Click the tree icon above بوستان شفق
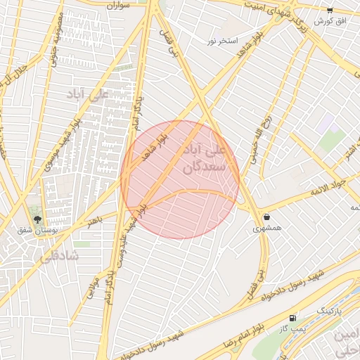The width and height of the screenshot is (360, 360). (37, 219)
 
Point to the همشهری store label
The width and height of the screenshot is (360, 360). (267, 229)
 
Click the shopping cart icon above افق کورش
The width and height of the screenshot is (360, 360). (330, 10)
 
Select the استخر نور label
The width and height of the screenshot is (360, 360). (222, 41)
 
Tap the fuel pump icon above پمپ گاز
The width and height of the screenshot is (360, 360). (292, 319)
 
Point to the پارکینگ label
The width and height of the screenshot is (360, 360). (329, 309)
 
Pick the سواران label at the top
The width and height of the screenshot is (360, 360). (119, 5)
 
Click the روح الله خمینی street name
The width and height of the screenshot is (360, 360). (262, 138)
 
